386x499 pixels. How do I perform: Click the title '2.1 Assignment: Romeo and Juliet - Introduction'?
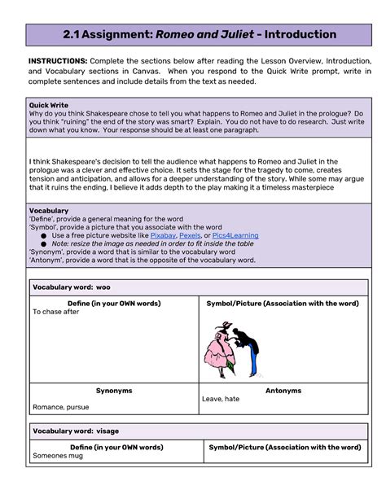tap(199, 35)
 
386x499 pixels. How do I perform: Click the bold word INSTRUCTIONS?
tap(58, 61)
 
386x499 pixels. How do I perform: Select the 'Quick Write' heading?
tap(49, 104)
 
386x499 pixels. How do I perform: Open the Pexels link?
tap(190, 235)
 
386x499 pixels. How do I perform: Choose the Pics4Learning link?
tap(235, 235)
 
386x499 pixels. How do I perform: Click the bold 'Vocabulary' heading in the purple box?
tap(49, 211)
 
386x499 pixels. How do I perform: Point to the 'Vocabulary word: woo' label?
tap(71, 287)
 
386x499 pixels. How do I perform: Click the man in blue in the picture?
tap(248, 342)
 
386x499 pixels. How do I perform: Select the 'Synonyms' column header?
tap(114, 391)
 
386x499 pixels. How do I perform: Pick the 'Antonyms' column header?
tap(283, 391)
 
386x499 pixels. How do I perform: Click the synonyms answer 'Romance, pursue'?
tap(60, 406)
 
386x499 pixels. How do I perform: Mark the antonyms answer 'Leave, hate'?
tap(221, 399)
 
